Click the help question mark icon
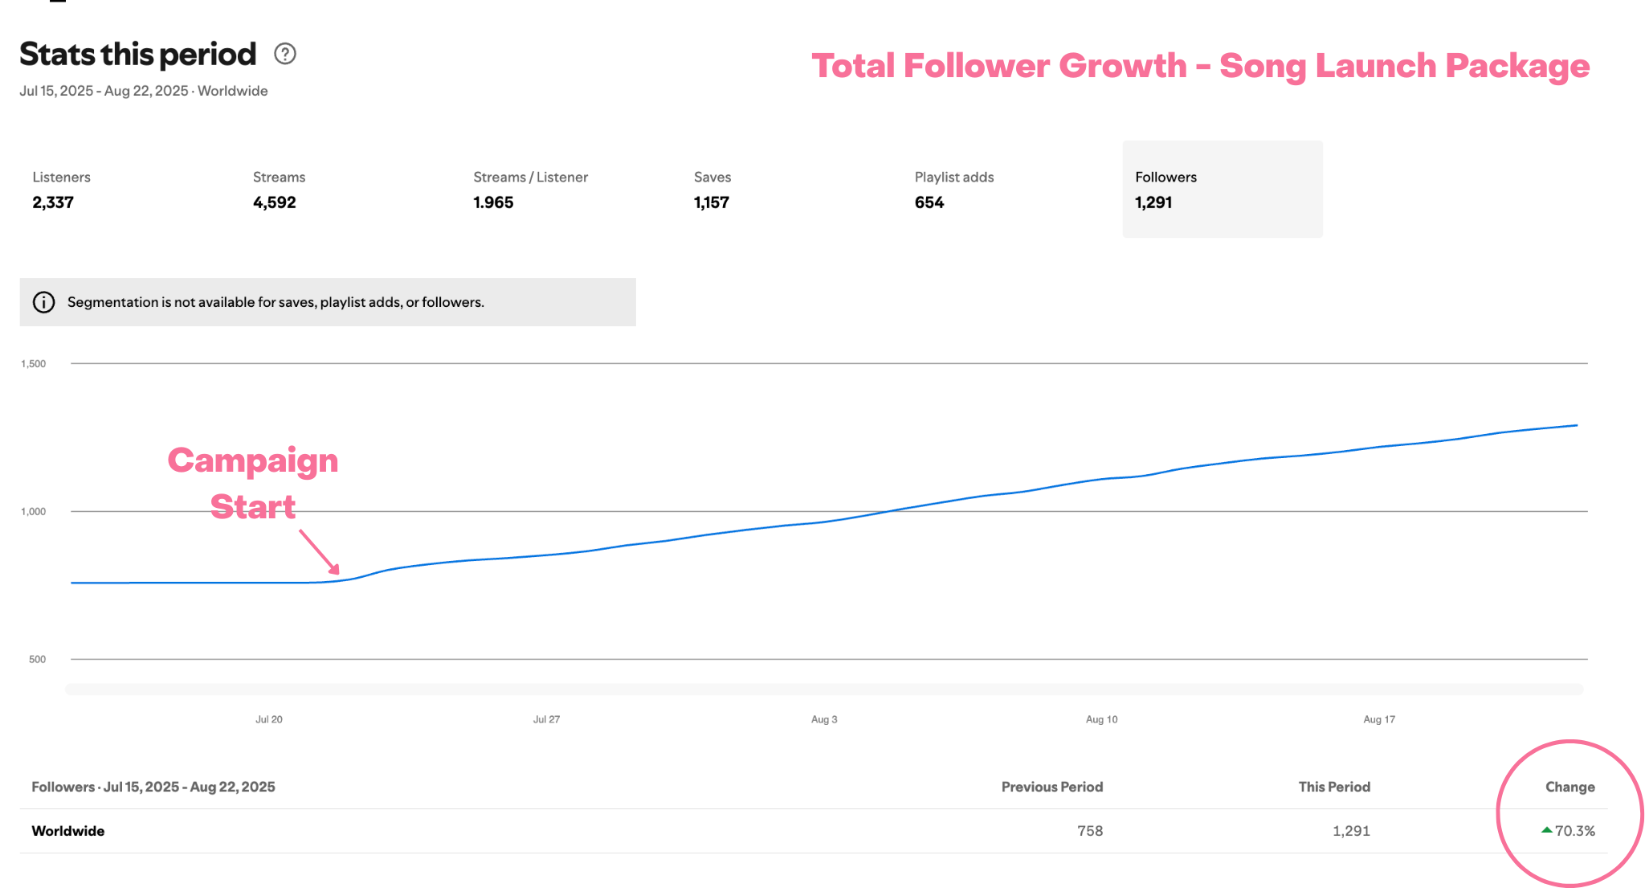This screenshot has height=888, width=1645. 285,54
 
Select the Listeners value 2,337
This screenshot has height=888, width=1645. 53,203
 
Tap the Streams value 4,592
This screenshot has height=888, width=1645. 275,203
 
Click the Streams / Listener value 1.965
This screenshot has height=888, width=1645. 493,203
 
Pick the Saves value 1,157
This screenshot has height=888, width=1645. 712,203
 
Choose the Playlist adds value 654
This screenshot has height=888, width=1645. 929,203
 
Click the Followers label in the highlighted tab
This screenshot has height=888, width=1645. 1165,177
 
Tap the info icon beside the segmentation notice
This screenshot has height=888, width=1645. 43,302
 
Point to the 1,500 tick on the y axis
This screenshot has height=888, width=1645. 34,363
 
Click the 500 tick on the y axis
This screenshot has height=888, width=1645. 37,659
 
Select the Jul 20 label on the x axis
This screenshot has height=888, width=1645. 269,719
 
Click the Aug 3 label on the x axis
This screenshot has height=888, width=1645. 824,719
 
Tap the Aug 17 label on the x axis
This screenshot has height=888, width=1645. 1379,719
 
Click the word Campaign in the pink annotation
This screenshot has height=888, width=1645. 253,460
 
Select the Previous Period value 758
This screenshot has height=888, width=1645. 1090,831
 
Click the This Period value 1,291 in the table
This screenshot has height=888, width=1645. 1351,831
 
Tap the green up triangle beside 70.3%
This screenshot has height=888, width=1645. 1547,830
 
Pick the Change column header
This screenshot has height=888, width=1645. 1569,787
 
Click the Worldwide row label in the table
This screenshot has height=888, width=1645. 68,831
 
